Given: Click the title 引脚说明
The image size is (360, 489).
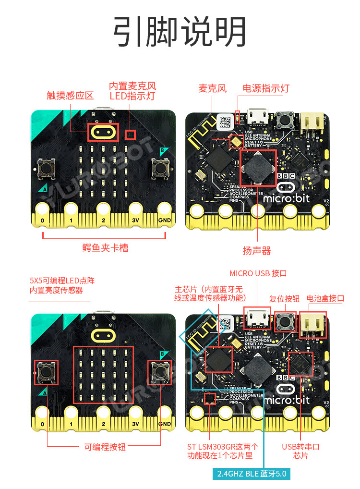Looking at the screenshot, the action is [x=180, y=32].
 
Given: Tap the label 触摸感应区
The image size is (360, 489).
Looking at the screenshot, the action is [x=70, y=95].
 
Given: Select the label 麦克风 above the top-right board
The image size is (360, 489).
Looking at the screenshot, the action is [x=212, y=88].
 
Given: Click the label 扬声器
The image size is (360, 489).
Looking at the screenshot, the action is [x=257, y=250].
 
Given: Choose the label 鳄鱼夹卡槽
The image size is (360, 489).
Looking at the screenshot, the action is [x=105, y=248].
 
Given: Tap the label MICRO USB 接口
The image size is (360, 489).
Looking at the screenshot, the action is [x=258, y=273].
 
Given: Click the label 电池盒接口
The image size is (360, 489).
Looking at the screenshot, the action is [x=325, y=298].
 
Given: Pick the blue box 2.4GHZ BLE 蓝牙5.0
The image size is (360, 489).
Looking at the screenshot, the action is [x=252, y=474].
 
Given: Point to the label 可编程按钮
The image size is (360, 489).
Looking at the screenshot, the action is [x=105, y=446].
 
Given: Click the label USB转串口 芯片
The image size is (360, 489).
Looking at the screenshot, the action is [x=300, y=451].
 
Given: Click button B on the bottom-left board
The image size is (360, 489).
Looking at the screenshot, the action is [x=160, y=371].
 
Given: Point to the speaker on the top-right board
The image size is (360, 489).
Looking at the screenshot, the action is [x=258, y=167].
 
